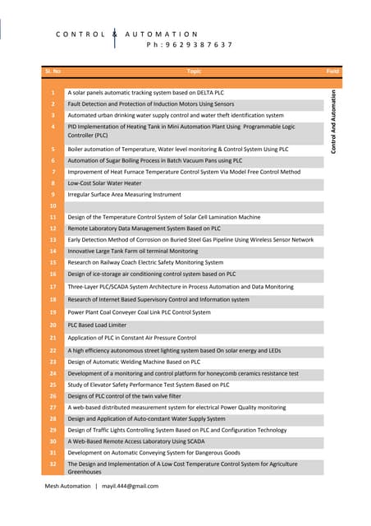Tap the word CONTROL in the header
[x=80, y=34]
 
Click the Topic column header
[x=194, y=72]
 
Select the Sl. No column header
[x=53, y=72]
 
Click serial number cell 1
[x=53, y=93]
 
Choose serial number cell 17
[x=53, y=287]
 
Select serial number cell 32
[x=53, y=464]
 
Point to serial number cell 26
[x=53, y=396]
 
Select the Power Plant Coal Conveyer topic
[x=139, y=312]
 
